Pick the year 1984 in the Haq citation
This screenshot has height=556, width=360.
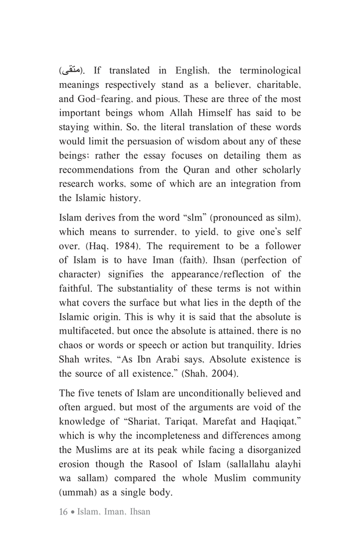pyautogui.click(x=119, y=246)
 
